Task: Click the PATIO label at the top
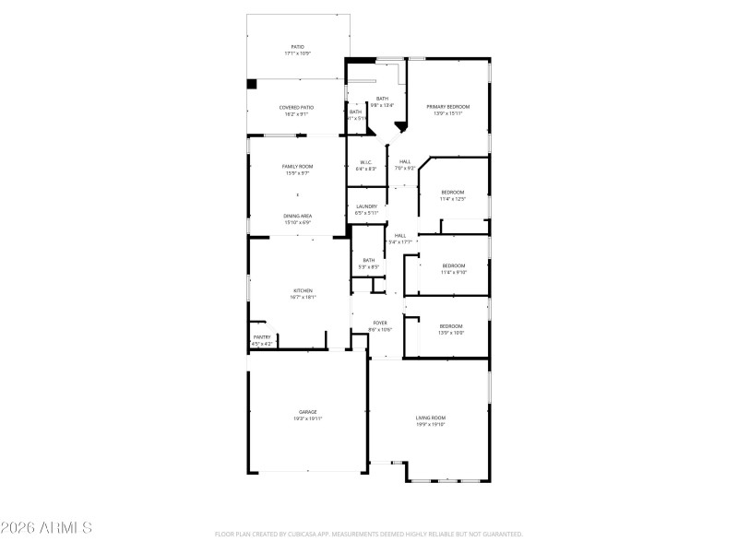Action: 297,47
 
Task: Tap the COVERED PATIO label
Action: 297,108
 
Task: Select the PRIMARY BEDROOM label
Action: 447,107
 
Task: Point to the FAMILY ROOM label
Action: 297,166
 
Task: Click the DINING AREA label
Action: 297,216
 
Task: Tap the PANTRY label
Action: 262,337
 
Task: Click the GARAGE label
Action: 308,412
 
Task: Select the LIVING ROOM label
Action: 430,418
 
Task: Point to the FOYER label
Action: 380,323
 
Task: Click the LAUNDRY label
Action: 366,206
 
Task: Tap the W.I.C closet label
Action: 366,162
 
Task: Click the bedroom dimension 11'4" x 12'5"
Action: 452,199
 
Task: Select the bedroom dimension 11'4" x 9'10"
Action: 453,272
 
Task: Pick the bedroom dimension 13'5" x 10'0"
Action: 451,333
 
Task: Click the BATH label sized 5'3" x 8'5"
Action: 369,267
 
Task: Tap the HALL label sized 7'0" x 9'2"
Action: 405,169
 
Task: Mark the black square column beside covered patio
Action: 251,84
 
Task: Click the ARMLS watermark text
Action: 46,528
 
